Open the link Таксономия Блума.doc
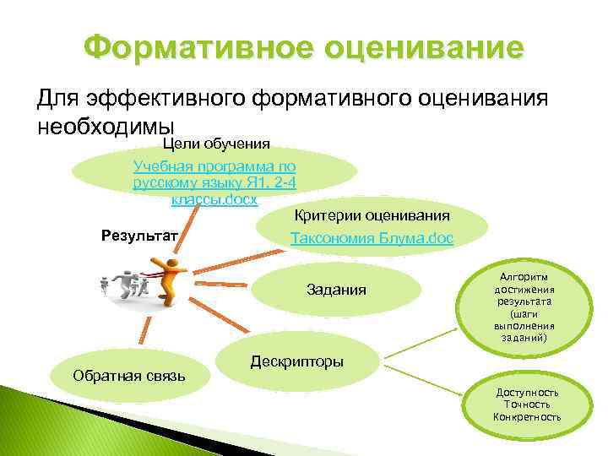point(372,239)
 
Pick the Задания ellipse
point(336,290)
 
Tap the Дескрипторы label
point(296,361)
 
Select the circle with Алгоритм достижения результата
point(521,306)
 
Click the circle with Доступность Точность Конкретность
point(527,404)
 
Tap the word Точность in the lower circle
point(527,404)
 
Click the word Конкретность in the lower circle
point(527,417)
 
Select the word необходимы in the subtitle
point(105,125)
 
